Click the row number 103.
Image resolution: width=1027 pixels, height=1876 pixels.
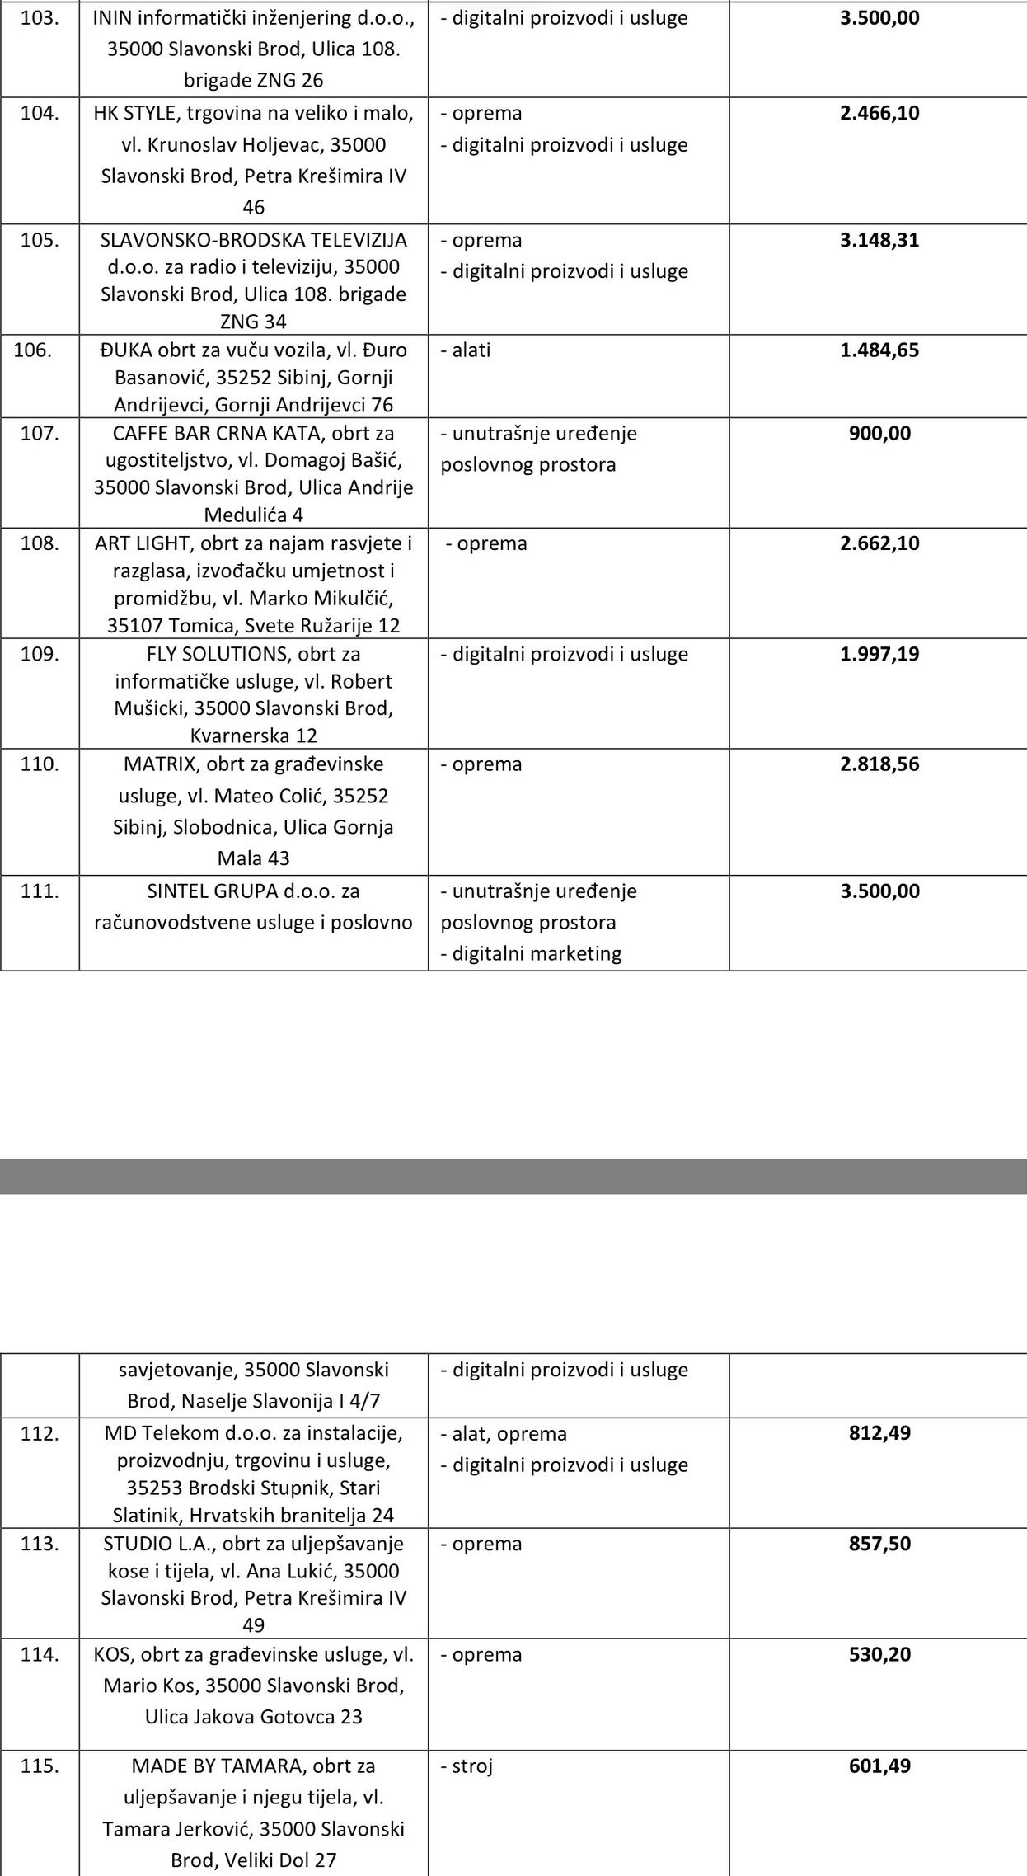40,18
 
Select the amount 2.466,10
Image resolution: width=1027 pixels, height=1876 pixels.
879,113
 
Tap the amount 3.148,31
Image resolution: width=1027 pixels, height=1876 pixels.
879,240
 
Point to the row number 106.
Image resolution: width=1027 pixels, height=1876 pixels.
33,350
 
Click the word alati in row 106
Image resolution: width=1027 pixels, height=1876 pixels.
471,350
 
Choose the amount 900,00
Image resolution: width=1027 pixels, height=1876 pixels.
879,433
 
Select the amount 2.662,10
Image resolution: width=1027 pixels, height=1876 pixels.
879,543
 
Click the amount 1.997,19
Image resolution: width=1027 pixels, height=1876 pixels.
879,654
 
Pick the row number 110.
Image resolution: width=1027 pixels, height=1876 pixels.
40,764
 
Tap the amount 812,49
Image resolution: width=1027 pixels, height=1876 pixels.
879,1432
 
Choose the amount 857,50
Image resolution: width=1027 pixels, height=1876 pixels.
879,1543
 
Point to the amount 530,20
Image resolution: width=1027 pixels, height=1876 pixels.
879,1654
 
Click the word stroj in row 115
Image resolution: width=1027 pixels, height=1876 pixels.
471,1766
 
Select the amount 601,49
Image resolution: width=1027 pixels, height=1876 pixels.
879,1766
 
